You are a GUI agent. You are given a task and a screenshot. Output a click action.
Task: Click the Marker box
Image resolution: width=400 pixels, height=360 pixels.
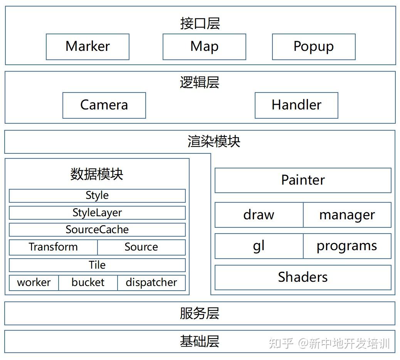pos(87,47)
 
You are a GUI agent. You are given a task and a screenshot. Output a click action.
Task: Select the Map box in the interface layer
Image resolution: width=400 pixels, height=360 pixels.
pos(204,47)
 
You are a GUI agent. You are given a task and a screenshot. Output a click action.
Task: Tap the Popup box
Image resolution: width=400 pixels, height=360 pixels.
pos(314,47)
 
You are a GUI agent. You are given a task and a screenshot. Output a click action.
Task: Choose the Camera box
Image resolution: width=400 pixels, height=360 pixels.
pos(104,105)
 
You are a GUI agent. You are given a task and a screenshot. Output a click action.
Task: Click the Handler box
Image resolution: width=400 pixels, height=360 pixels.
pos(296,105)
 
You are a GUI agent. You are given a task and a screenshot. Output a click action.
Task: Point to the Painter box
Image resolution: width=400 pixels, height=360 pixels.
pos(303,180)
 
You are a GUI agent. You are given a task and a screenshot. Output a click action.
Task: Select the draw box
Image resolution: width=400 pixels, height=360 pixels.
pos(259,215)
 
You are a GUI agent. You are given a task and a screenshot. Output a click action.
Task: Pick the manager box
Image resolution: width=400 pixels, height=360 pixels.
pos(347,215)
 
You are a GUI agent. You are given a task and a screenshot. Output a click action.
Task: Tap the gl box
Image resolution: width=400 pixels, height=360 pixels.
pos(259,246)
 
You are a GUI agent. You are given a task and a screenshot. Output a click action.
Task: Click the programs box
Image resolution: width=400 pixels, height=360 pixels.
pos(347,246)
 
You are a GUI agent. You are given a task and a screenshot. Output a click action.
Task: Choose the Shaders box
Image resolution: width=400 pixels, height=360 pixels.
pos(303,277)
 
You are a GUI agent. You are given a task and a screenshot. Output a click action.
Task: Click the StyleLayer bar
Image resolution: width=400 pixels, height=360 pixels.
pos(97,213)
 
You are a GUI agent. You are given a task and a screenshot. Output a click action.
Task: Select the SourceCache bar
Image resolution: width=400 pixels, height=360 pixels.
pos(97,230)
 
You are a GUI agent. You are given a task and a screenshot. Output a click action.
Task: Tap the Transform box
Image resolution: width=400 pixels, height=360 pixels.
pos(53,247)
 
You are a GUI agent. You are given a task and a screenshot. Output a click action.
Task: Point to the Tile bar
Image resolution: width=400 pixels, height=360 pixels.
pos(97,265)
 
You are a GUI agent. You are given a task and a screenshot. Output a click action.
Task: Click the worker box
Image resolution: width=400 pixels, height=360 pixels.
pos(34,283)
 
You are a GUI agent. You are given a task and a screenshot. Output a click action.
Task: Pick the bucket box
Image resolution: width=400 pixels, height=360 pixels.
pos(88,283)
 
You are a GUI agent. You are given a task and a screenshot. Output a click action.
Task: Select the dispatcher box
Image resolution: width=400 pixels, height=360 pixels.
pos(151,283)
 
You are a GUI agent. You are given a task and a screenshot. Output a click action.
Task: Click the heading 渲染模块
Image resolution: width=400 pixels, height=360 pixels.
pos(214,141)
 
